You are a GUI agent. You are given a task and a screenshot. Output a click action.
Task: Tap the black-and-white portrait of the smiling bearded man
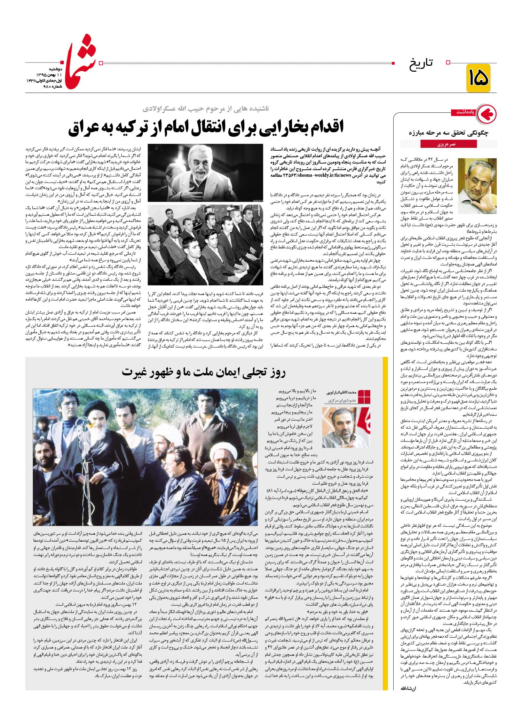click(x=205, y=173)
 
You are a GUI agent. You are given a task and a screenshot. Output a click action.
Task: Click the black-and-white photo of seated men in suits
click(x=205, y=245)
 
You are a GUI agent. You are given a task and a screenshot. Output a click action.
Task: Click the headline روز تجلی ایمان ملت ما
click(x=204, y=373)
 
